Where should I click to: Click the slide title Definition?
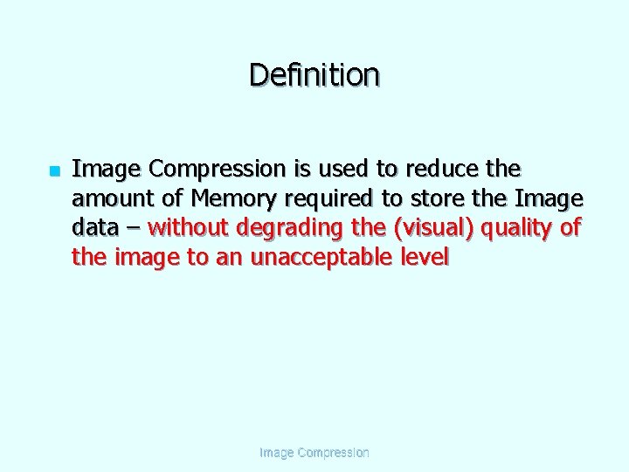pyautogui.click(x=314, y=75)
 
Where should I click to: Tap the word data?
pyautogui.click(x=94, y=228)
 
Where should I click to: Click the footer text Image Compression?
pyautogui.click(x=314, y=453)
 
